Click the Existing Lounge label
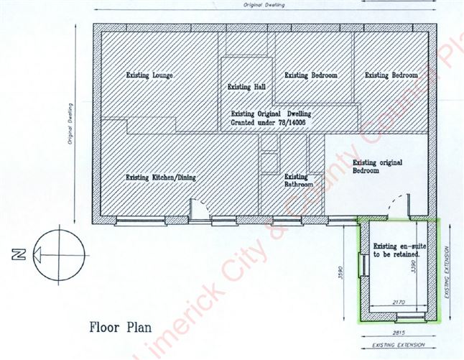click(151, 75)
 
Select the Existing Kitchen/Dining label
click(161, 177)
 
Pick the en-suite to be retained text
click(396, 251)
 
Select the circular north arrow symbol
click(57, 252)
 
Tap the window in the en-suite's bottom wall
click(410, 315)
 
